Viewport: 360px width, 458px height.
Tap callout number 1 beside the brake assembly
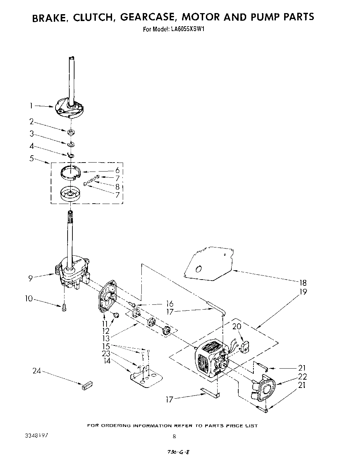click(x=31, y=106)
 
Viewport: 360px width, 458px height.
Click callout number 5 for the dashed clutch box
click(x=32, y=159)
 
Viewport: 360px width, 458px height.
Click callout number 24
click(x=37, y=371)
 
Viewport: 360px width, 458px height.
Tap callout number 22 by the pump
click(x=302, y=377)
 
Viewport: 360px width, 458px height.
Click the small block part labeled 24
click(x=87, y=385)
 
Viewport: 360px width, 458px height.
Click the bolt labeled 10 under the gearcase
click(x=64, y=308)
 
